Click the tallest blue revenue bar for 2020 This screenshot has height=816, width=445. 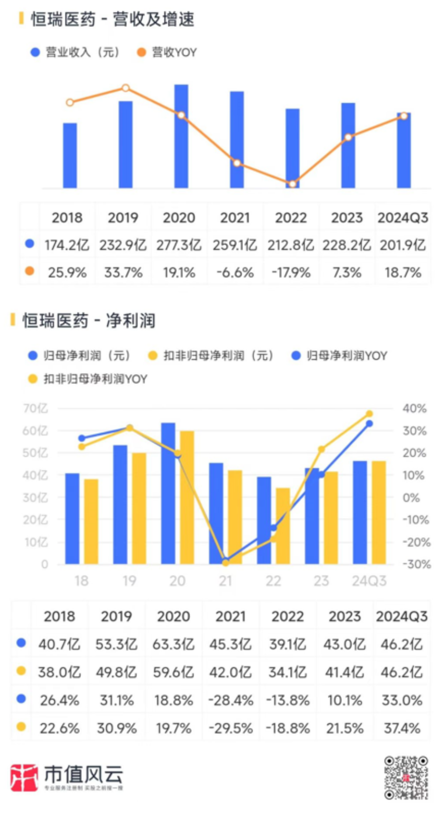point(181,137)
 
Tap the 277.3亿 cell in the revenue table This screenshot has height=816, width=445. point(179,245)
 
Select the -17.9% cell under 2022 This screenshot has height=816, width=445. point(291,273)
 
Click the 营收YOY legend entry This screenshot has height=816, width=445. point(167,52)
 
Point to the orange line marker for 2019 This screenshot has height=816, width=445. point(125,88)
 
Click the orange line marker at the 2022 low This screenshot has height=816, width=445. point(293,184)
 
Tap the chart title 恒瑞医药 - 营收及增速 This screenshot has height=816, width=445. point(113,19)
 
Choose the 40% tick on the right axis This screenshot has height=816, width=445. point(414,408)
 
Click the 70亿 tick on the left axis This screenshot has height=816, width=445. point(35,408)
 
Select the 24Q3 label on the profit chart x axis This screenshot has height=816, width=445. point(369,581)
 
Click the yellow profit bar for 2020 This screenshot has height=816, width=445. point(187,497)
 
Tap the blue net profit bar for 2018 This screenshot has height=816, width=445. point(72,519)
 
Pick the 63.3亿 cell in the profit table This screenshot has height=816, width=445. point(173,644)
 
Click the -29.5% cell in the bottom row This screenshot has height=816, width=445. point(231,728)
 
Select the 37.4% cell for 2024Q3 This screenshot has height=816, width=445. point(402,728)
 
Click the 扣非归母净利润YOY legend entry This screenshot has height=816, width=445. point(88,379)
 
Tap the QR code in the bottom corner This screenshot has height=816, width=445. point(406,778)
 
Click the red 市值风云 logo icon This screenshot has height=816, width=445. point(24,777)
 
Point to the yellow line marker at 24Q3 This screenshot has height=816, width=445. point(370,414)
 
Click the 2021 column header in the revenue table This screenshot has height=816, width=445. point(235,218)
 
